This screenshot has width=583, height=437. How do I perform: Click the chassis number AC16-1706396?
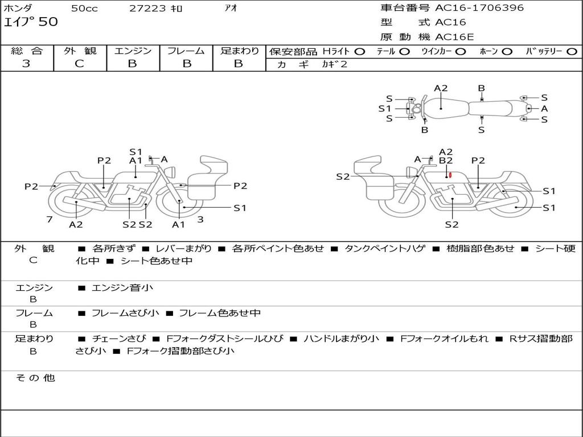(479, 8)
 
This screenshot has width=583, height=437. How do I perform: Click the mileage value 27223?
(148, 9)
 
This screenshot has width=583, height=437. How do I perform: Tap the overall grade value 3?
(26, 64)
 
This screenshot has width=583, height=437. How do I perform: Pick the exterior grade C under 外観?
(80, 64)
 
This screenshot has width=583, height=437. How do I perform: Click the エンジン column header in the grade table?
(133, 51)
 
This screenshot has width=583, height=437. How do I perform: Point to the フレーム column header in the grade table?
(186, 51)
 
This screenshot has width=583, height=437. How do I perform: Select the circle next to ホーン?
(507, 51)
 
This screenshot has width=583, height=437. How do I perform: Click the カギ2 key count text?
(335, 64)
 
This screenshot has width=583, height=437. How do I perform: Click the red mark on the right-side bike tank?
(450, 175)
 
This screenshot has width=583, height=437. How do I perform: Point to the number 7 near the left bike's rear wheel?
(50, 219)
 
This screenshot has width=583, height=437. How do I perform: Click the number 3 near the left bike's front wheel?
(200, 219)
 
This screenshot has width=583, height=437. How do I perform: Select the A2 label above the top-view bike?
(441, 88)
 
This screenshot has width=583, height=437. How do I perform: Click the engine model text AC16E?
(454, 37)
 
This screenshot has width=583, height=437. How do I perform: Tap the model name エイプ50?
(31, 23)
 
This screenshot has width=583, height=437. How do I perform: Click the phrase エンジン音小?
(122, 288)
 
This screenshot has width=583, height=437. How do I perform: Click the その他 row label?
(35, 378)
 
